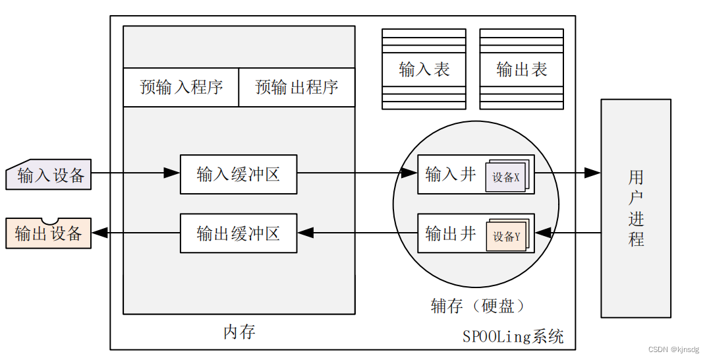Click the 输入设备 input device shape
coord(49,175)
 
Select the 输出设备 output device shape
coord(49,233)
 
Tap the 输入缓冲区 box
coord(238,174)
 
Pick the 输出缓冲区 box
coord(238,233)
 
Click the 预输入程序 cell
coord(181,87)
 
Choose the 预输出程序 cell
coord(297,87)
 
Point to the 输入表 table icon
coord(424,69)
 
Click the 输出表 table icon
coord(521,69)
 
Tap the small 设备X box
coord(505,177)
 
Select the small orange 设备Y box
coord(506,237)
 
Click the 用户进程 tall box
coord(635,208)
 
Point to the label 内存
coord(239,332)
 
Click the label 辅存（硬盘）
coord(478,305)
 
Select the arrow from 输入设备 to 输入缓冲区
coord(135,173)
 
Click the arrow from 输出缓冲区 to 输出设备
coord(135,232)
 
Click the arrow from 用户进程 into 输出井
coord(567,232)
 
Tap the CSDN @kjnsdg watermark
coord(673,350)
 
